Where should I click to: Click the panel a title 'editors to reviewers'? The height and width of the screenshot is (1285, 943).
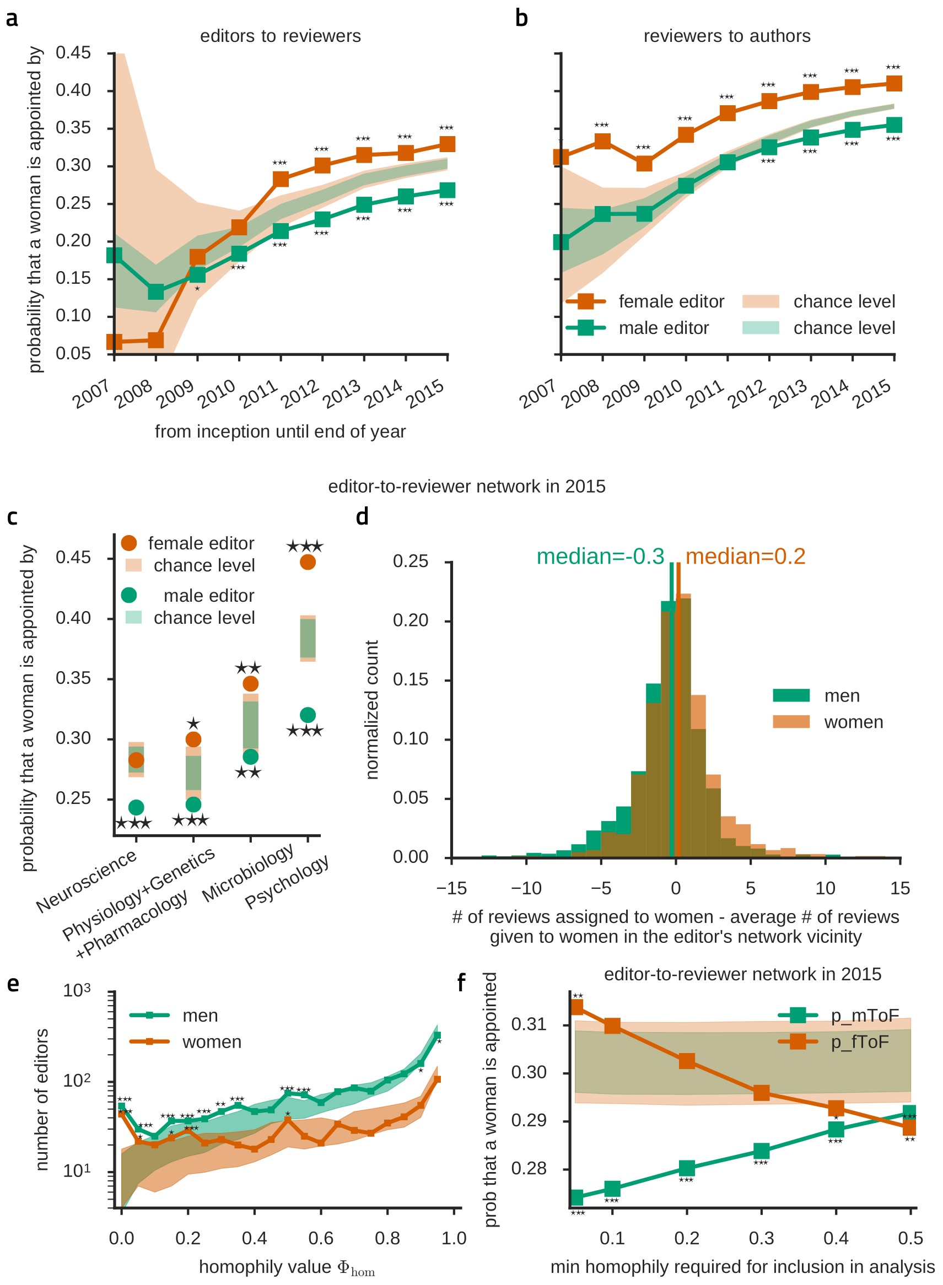click(x=281, y=36)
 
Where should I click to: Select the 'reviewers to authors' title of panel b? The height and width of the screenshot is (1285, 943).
click(x=726, y=36)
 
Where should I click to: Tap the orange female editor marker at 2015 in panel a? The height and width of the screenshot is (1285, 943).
click(x=447, y=144)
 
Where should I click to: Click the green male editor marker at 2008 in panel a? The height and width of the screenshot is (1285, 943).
click(x=156, y=291)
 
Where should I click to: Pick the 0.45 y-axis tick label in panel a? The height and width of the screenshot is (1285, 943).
click(x=73, y=53)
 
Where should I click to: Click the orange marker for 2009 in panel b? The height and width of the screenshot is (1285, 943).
click(x=644, y=163)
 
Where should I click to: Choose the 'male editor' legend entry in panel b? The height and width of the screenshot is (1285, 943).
click(x=664, y=328)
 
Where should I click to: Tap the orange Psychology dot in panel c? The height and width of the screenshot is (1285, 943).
click(x=308, y=562)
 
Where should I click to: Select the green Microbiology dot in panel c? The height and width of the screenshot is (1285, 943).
click(x=251, y=757)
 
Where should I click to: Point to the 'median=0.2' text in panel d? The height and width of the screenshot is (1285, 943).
click(x=745, y=557)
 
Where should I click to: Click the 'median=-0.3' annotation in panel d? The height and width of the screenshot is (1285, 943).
click(x=600, y=557)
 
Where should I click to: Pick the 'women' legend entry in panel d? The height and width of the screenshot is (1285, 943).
click(x=853, y=722)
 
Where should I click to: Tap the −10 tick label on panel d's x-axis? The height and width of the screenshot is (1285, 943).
click(x=526, y=888)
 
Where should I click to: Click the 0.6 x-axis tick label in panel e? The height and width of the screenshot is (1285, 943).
click(x=321, y=1238)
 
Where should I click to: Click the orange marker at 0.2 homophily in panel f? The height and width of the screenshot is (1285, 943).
click(x=687, y=1061)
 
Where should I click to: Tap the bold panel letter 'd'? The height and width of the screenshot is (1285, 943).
click(x=362, y=516)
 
